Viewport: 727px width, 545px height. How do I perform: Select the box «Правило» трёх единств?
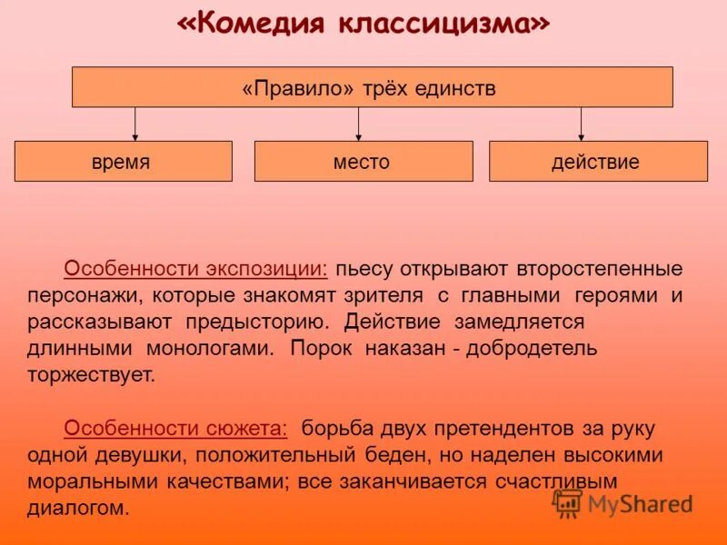(x=372, y=87)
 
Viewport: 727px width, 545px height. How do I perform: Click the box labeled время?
(x=123, y=162)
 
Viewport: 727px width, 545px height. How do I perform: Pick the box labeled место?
(x=363, y=162)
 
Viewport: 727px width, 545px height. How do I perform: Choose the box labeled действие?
(x=597, y=162)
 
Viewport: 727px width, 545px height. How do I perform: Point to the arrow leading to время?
(x=135, y=124)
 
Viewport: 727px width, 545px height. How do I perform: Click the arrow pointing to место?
(x=358, y=124)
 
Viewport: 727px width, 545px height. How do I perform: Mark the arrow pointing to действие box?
(x=581, y=124)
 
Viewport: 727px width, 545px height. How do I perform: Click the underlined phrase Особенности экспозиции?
(x=196, y=269)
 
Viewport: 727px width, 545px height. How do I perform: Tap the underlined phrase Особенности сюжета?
(x=175, y=428)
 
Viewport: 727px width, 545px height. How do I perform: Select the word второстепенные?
(x=600, y=269)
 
